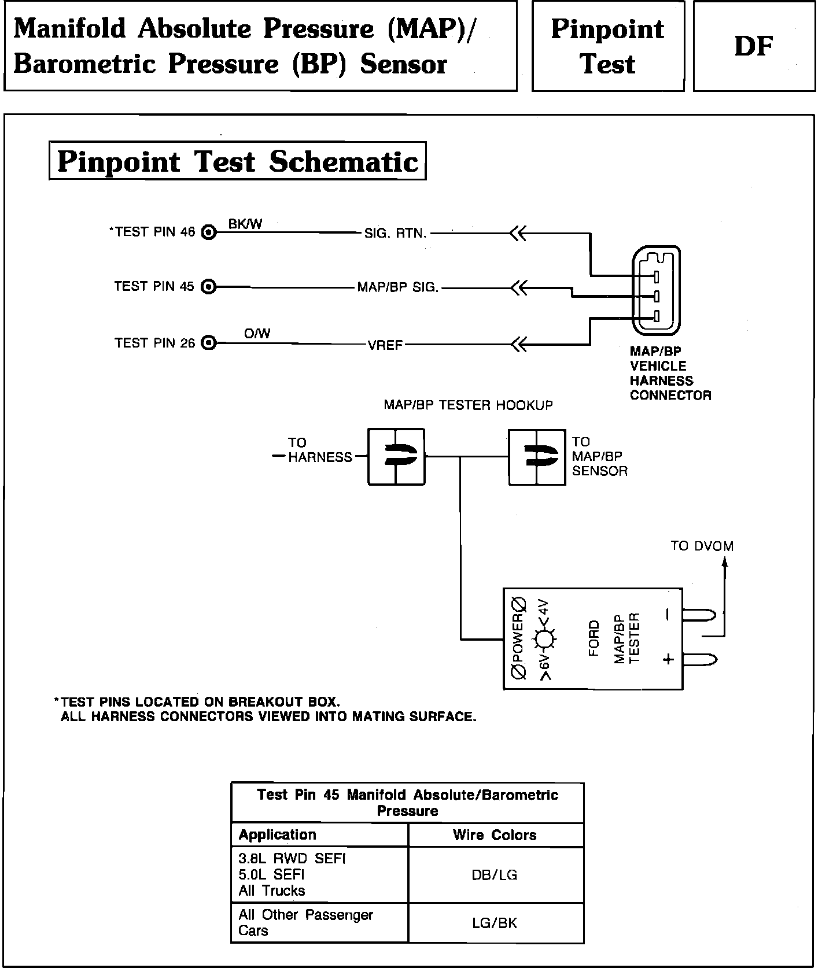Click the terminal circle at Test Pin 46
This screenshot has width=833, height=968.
click(x=209, y=232)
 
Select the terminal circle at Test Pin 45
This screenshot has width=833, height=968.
click(x=209, y=287)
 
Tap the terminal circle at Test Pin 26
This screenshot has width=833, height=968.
click(x=209, y=343)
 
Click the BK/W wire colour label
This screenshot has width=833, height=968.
click(x=245, y=224)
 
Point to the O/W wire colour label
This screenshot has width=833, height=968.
click(x=257, y=334)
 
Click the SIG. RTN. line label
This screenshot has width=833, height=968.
click(x=395, y=234)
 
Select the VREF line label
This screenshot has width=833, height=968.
click(x=385, y=346)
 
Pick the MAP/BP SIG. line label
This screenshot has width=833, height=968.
click(x=398, y=287)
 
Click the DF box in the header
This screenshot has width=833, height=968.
click(x=754, y=46)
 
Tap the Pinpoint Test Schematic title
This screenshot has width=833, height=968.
click(x=237, y=161)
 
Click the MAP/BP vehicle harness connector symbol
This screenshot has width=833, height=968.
click(x=657, y=290)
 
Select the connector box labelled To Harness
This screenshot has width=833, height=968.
click(x=396, y=456)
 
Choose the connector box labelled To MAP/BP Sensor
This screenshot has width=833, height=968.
click(x=537, y=457)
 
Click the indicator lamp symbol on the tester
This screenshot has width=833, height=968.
click(x=544, y=639)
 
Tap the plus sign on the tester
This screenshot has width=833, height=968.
click(x=668, y=659)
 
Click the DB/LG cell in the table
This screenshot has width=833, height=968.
click(x=495, y=875)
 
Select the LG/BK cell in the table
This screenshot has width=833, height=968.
click(x=495, y=923)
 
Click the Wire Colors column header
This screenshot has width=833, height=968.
click(x=495, y=835)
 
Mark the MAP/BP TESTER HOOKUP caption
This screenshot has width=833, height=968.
click(x=468, y=405)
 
